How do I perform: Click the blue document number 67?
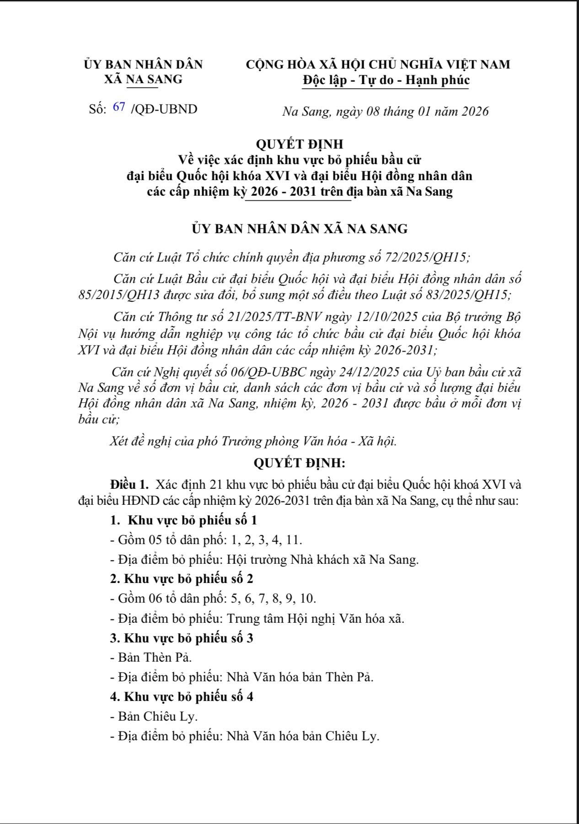(x=119, y=108)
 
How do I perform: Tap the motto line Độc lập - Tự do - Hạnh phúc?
(x=386, y=80)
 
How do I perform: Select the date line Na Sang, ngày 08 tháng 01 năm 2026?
(x=385, y=112)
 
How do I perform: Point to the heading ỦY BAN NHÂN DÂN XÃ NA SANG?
(x=300, y=229)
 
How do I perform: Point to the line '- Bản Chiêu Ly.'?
(x=154, y=717)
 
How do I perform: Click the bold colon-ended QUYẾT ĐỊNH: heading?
(x=300, y=463)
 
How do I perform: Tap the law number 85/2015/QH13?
(x=118, y=295)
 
